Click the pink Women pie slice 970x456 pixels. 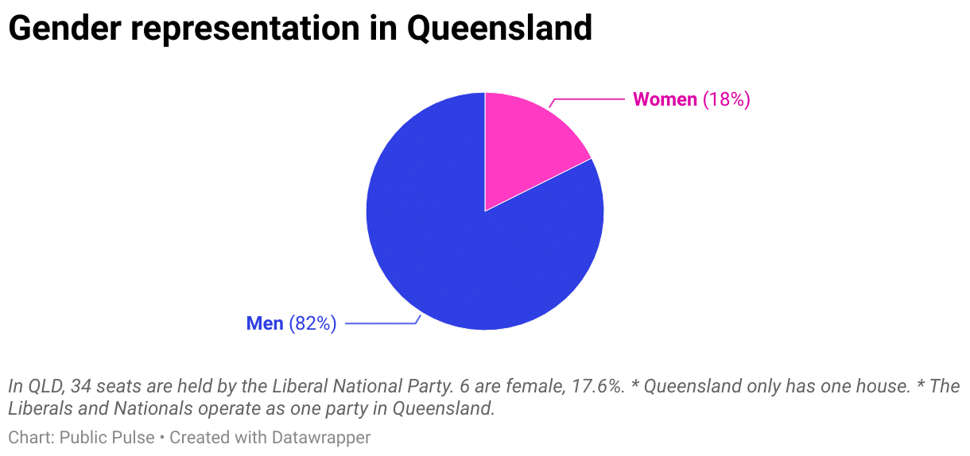tap(525, 147)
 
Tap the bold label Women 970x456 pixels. tap(665, 99)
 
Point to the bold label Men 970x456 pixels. tap(265, 323)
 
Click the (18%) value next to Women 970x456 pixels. tap(727, 99)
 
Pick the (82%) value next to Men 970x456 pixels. tap(312, 323)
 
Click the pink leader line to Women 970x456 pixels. tap(588, 99)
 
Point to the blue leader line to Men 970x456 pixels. tap(382, 323)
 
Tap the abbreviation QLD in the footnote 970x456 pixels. tap(44, 387)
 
